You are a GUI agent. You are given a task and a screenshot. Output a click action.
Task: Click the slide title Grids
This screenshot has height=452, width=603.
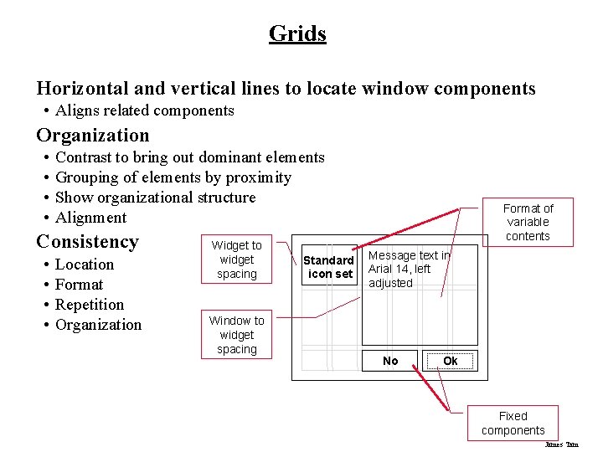(x=297, y=33)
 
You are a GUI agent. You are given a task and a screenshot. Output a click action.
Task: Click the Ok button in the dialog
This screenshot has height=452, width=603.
(x=450, y=361)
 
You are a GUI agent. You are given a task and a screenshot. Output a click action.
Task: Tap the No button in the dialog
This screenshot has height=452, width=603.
(x=390, y=361)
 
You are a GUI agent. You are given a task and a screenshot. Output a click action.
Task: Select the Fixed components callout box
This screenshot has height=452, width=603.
(x=513, y=423)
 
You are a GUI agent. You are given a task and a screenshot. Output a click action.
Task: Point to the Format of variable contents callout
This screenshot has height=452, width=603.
(x=528, y=222)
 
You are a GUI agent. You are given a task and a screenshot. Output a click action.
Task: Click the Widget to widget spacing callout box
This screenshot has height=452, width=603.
(x=236, y=259)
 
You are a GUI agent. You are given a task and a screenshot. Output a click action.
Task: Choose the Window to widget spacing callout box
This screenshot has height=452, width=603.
(x=236, y=335)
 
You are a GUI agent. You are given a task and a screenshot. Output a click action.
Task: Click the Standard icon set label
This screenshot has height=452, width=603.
(x=328, y=267)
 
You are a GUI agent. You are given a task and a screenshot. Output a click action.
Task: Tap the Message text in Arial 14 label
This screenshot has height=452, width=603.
(x=410, y=269)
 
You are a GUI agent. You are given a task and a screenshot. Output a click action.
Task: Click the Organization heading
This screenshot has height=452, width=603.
(x=93, y=136)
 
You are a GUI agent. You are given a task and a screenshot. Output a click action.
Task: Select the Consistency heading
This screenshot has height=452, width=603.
(x=87, y=242)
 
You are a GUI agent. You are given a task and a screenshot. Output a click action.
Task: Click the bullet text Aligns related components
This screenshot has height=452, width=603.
(x=145, y=110)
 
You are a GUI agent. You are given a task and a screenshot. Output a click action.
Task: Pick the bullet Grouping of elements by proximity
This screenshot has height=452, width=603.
(x=173, y=177)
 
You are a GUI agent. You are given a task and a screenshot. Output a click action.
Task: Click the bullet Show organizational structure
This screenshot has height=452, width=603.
(x=155, y=198)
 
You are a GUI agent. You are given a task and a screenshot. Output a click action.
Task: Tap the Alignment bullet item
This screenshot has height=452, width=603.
(x=90, y=218)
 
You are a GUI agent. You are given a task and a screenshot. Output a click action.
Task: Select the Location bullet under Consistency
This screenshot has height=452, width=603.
(x=85, y=265)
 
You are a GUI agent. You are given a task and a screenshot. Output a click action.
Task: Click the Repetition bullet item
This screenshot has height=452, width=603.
(x=90, y=305)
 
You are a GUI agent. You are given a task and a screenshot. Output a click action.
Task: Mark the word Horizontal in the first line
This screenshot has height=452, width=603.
(x=81, y=89)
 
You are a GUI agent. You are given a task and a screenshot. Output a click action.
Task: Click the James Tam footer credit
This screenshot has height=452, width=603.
(x=561, y=444)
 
